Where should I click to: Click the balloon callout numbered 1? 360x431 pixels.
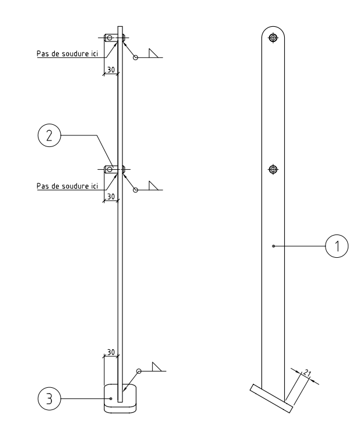click(336, 247)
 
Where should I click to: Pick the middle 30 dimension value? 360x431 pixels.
click(110, 197)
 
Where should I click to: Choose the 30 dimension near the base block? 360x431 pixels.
click(110, 352)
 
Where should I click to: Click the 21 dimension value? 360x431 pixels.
click(307, 373)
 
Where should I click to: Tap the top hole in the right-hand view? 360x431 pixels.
click(272, 38)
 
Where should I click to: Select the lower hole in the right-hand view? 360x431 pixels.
click(272, 170)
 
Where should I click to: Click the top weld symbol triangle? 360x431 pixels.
click(155, 54)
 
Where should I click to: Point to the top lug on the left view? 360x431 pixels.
click(112, 38)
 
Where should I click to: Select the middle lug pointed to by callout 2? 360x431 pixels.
click(112, 170)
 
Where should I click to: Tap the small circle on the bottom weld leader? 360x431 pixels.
click(139, 371)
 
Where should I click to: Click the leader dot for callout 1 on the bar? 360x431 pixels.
click(274, 247)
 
